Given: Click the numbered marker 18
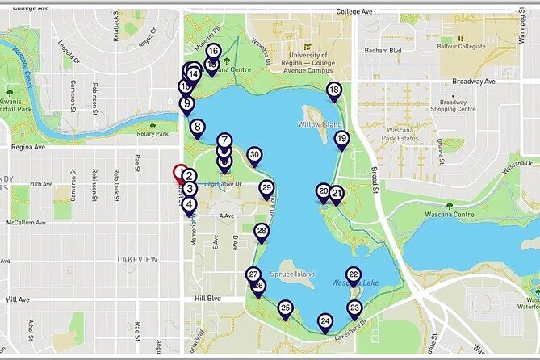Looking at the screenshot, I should pyautogui.click(x=334, y=90).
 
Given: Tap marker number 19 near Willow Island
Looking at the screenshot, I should pyautogui.click(x=341, y=139).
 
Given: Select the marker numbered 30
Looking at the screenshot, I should pyautogui.click(x=254, y=154).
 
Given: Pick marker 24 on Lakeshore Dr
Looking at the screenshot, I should pyautogui.click(x=324, y=321).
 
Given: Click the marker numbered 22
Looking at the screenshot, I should pyautogui.click(x=353, y=274).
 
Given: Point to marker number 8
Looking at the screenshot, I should pyautogui.click(x=197, y=126).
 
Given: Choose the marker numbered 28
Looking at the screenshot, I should pyautogui.click(x=262, y=231).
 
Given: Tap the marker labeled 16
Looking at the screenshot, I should pyautogui.click(x=212, y=51).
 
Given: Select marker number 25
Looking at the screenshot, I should pyautogui.click(x=285, y=308).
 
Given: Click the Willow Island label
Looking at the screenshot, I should pyautogui.click(x=320, y=126).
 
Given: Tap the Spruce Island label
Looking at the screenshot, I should pyautogui.click(x=292, y=274).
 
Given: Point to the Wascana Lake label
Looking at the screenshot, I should pyautogui.click(x=355, y=283).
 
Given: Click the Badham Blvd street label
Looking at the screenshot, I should pyautogui.click(x=383, y=51).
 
